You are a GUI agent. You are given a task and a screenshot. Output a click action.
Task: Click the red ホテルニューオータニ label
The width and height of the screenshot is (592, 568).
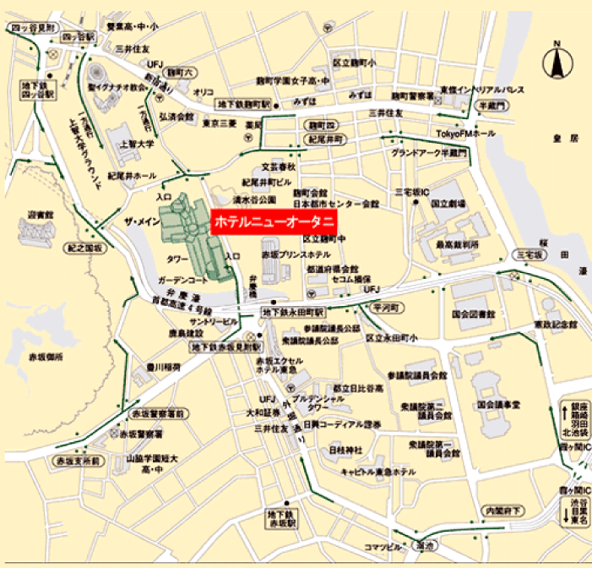(x=274, y=223)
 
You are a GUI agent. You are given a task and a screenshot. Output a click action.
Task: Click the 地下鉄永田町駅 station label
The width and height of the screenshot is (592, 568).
(x=285, y=313)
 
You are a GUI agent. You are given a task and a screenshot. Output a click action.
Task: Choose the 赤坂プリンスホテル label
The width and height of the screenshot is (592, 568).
(x=294, y=254)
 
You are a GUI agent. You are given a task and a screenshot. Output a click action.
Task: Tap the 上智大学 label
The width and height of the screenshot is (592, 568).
(x=138, y=144)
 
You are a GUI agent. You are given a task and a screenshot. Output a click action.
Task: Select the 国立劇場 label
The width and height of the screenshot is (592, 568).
(x=445, y=204)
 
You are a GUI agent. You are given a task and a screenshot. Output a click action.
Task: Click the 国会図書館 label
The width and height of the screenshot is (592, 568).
(x=472, y=314)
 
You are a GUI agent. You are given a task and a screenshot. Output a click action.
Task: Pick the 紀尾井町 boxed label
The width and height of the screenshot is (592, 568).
(x=323, y=139)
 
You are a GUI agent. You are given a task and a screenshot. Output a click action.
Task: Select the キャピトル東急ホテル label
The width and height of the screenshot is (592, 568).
(x=377, y=471)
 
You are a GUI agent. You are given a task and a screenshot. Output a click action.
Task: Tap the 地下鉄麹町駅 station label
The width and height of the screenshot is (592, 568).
(x=243, y=105)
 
